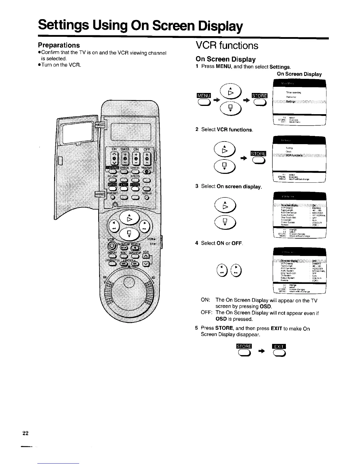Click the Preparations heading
[59, 45]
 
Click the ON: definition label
[205, 300]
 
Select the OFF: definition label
[206, 313]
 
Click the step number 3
[197, 186]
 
